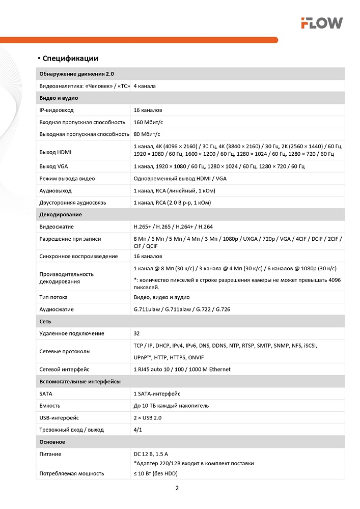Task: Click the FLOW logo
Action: tap(321, 23)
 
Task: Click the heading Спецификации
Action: tap(70, 59)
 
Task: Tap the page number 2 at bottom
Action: tap(177, 488)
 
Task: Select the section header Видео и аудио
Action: tap(59, 98)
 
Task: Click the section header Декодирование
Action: tap(61, 214)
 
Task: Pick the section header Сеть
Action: tap(45, 322)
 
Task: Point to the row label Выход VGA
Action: tap(53, 166)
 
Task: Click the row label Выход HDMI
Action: tap(56, 152)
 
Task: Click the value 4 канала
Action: tap(145, 86)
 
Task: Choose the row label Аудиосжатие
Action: tap(57, 309)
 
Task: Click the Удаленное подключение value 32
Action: tap(137, 333)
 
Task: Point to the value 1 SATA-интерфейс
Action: tap(157, 393)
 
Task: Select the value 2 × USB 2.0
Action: tap(148, 418)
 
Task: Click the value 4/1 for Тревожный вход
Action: tap(138, 430)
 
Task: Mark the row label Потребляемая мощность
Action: tap(72, 473)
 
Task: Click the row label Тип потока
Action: tap(53, 297)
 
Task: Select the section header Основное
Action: tap(52, 442)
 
